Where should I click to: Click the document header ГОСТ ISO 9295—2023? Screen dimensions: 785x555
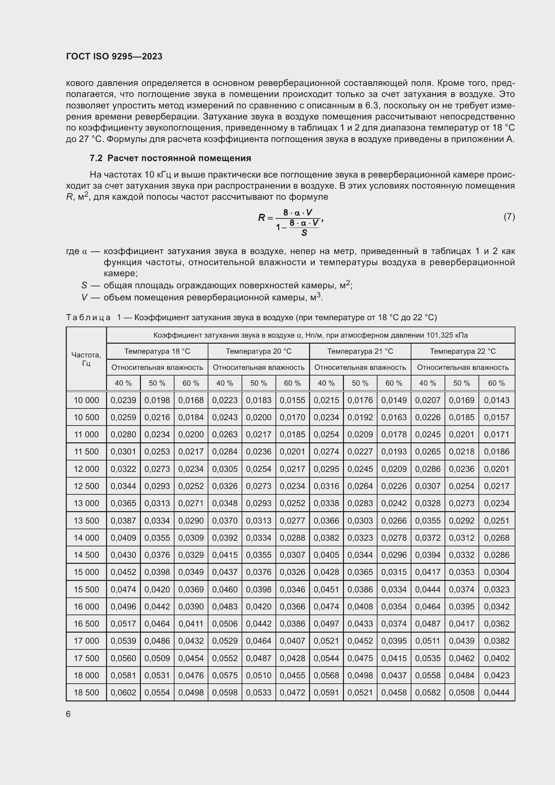click(114, 56)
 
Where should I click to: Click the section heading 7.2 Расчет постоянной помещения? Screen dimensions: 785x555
click(170, 158)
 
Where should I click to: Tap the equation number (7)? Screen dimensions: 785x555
click(509, 216)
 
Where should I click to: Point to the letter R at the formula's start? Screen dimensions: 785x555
click(261, 217)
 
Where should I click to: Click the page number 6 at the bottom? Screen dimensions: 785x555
click(68, 714)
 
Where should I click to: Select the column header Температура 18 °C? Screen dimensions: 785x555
click(157, 351)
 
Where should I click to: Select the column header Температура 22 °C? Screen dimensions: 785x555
click(463, 351)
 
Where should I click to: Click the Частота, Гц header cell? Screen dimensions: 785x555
click(86, 359)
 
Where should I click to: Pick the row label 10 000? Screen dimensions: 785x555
click(86, 400)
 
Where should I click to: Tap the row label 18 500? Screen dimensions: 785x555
click(86, 692)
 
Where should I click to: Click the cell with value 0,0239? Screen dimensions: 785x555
click(123, 400)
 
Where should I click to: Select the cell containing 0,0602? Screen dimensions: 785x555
click(123, 692)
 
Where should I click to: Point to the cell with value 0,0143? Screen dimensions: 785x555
click(497, 400)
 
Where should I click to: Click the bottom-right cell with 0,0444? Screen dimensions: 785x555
click(497, 692)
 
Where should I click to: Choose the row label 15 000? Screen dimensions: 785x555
click(86, 572)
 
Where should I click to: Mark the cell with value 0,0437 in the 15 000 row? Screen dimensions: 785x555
click(225, 572)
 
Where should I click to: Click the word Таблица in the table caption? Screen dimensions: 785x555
click(88, 317)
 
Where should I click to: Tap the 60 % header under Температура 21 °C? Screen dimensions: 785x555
click(394, 383)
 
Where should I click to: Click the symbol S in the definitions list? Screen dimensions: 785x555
click(84, 285)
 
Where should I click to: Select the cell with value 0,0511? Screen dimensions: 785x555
click(427, 641)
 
